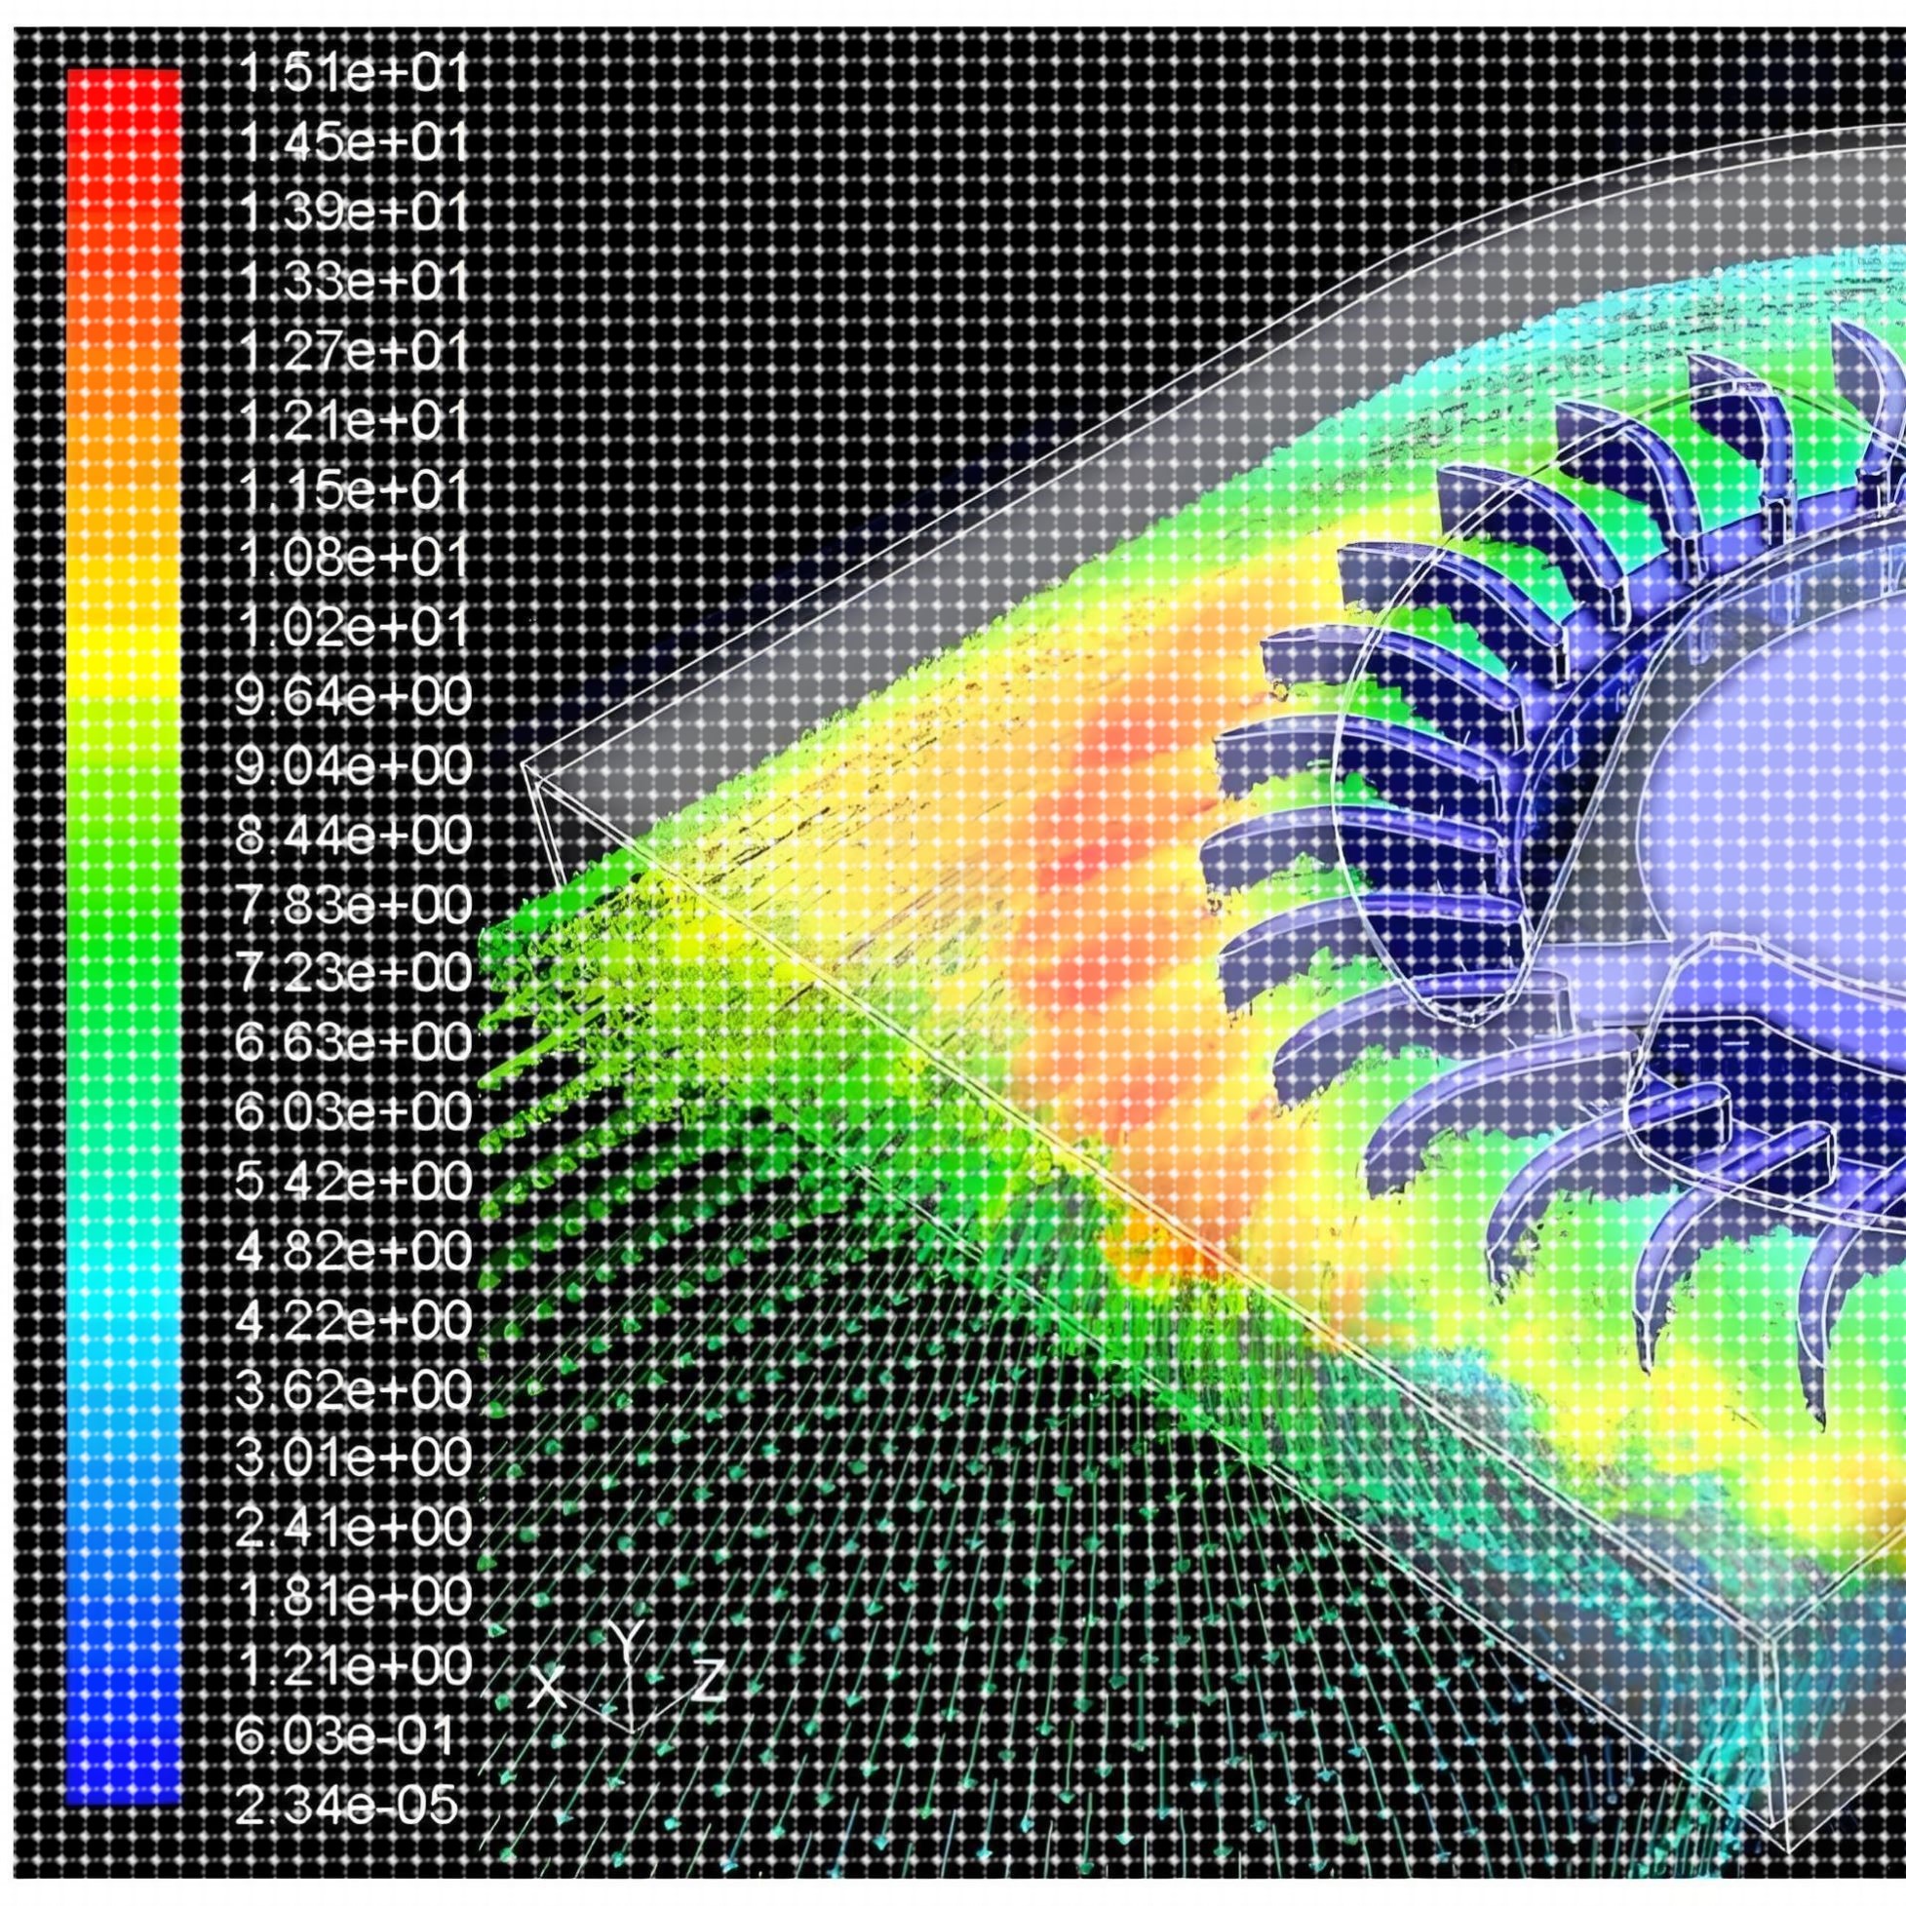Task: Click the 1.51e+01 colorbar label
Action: [352, 76]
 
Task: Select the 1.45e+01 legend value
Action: [352, 145]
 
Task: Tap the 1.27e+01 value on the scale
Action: [352, 352]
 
